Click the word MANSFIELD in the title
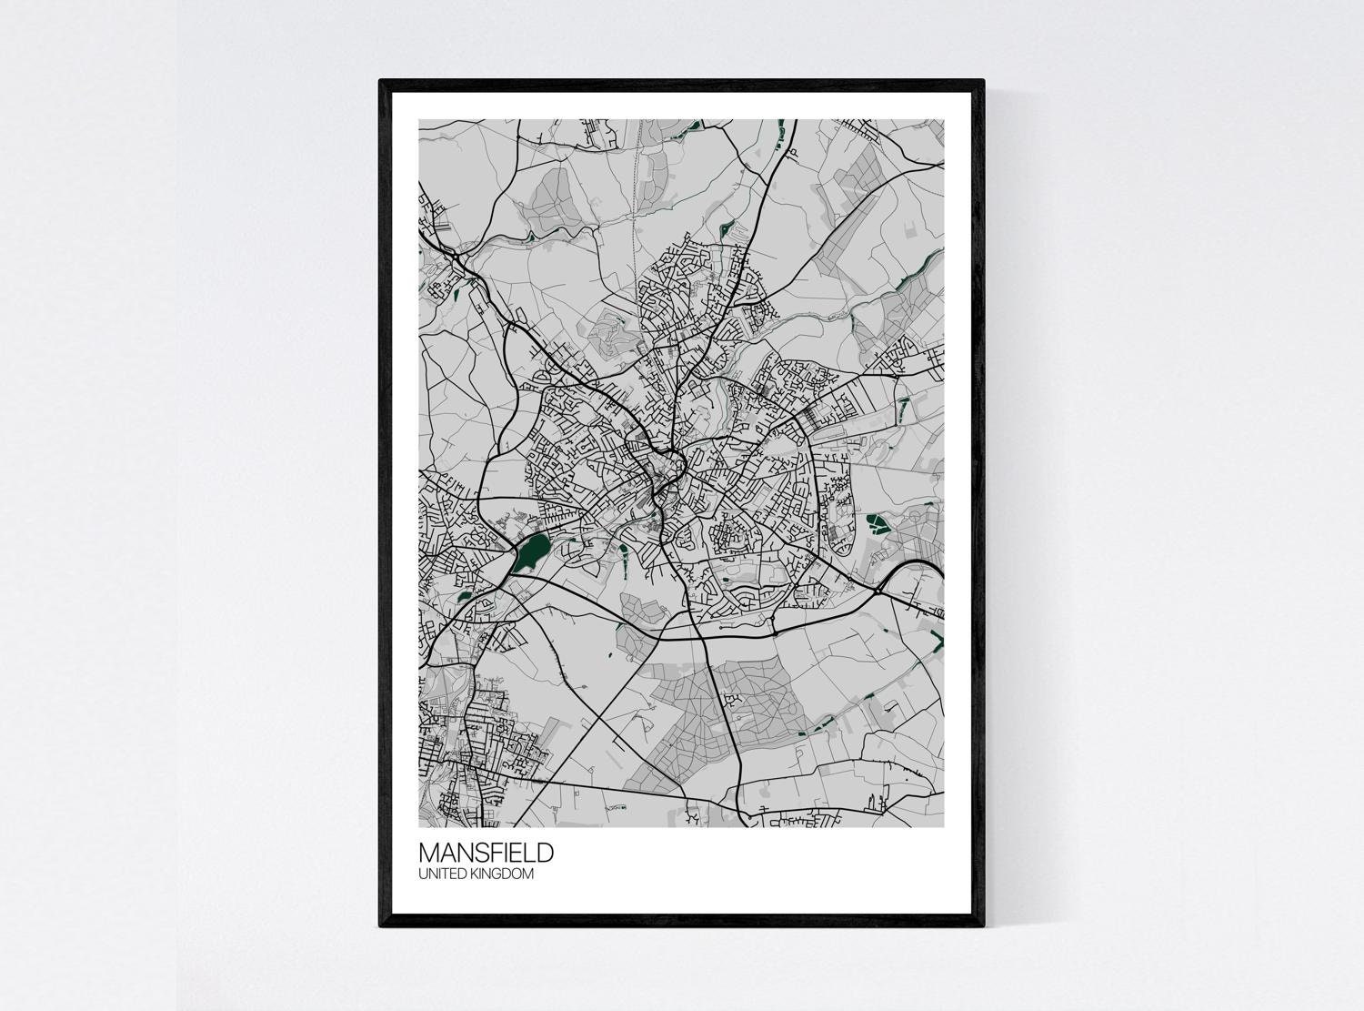(x=486, y=854)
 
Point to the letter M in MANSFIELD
(x=427, y=854)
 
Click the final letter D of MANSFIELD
(x=545, y=854)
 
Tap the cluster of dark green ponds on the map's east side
(x=878, y=523)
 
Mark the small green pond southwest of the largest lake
(x=465, y=596)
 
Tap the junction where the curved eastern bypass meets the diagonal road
(x=878, y=591)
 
